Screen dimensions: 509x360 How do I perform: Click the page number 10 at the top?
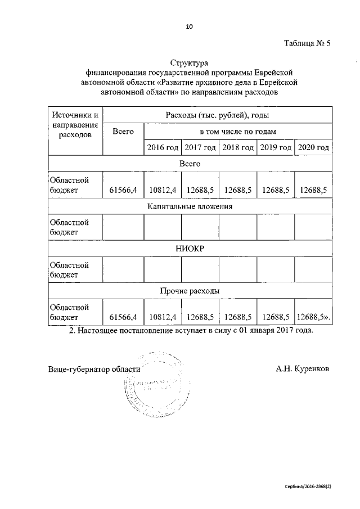189,26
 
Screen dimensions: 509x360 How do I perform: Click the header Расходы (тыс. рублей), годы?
218,115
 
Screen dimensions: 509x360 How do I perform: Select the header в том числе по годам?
238,132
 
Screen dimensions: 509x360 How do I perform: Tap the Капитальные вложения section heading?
190,206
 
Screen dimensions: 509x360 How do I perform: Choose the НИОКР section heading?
190,248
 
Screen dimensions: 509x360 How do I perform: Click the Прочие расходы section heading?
190,290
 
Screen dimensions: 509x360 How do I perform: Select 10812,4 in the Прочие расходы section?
163,317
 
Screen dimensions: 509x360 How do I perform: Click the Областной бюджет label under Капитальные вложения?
69,227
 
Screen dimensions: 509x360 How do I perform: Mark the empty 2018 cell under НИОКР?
237,269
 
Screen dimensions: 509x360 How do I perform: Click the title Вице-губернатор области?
93,369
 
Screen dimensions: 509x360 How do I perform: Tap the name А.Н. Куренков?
303,369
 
